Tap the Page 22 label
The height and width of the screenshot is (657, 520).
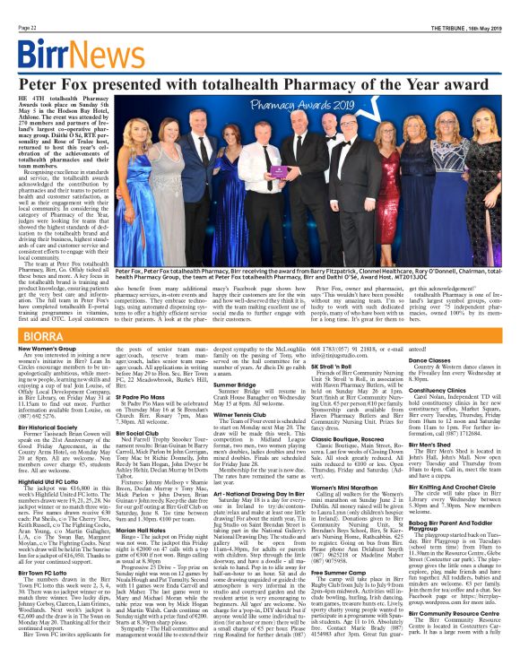(x=21, y=6)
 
